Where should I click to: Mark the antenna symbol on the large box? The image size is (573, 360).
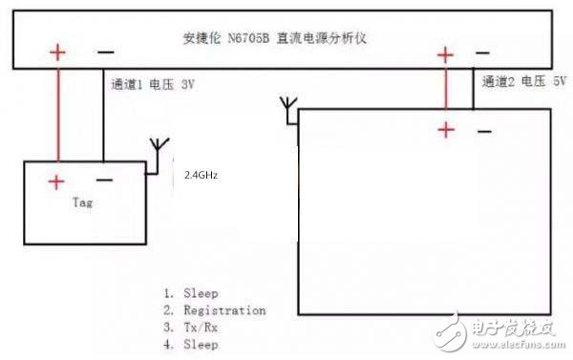291,108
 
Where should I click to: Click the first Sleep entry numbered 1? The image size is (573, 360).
190,293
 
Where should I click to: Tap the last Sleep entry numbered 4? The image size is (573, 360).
190,344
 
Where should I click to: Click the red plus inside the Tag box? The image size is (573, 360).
57,181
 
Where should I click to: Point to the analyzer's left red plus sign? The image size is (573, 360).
58,52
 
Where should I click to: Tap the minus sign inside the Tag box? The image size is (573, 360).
104,179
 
